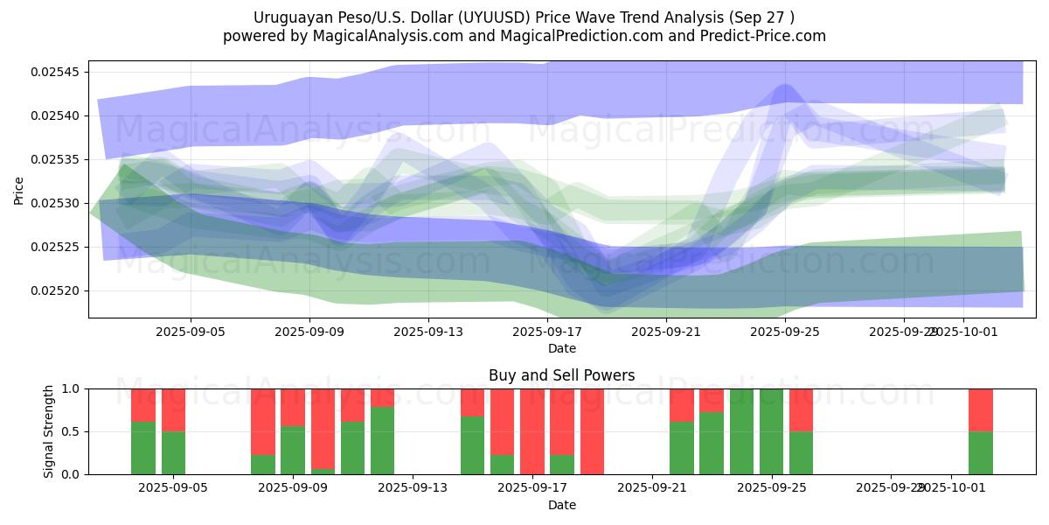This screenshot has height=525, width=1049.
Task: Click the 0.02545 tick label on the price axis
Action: click(x=54, y=72)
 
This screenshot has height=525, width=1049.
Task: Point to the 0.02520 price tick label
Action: click(x=54, y=290)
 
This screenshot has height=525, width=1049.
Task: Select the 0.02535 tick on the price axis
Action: click(x=54, y=159)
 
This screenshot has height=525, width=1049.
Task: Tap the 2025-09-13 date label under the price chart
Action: click(x=428, y=332)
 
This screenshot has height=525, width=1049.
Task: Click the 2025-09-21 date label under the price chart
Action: click(x=666, y=332)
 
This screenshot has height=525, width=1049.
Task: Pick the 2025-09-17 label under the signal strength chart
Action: click(x=532, y=488)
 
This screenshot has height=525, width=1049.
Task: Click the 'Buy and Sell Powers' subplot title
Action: click(x=561, y=375)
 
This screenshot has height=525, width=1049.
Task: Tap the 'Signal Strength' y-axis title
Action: click(x=49, y=431)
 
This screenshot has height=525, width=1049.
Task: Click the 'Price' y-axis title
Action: click(x=19, y=189)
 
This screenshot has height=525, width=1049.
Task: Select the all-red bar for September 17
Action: click(x=532, y=431)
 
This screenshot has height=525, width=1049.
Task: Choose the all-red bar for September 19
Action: click(x=592, y=431)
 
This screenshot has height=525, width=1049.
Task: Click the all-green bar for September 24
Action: click(x=741, y=431)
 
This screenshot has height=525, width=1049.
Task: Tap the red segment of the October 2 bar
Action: click(x=980, y=409)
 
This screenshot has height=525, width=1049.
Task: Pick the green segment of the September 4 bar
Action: click(x=143, y=448)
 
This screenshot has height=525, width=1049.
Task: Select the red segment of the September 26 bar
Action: click(x=801, y=409)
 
